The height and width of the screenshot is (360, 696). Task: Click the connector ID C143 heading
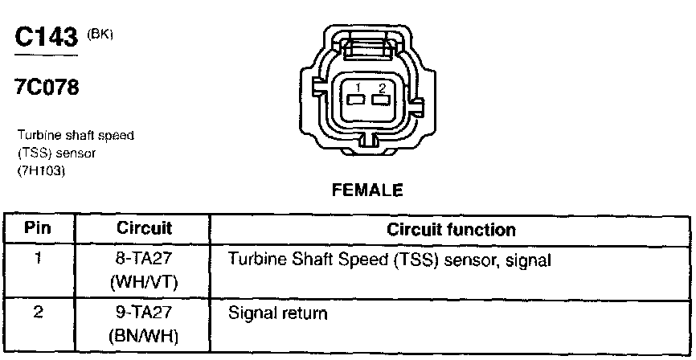pyautogui.click(x=45, y=37)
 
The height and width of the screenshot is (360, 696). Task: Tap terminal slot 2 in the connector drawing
pyautogui.click(x=380, y=100)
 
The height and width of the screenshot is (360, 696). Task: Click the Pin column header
pyautogui.click(x=38, y=229)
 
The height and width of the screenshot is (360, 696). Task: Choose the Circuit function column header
pyautogui.click(x=451, y=230)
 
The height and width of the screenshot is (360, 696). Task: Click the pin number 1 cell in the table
pyautogui.click(x=38, y=260)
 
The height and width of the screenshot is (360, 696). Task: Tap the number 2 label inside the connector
pyautogui.click(x=382, y=87)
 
